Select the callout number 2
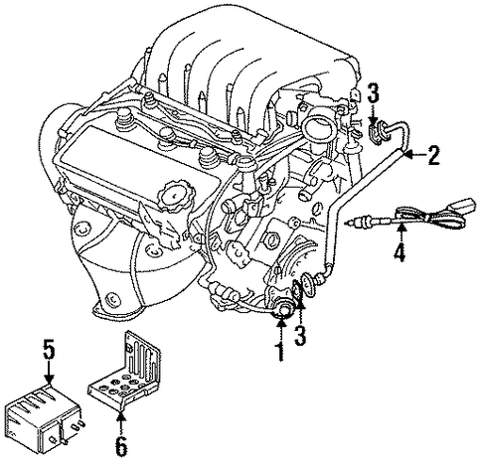(433, 155)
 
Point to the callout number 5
(49, 351)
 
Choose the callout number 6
(121, 446)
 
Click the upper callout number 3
(373, 92)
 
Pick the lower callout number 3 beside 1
(300, 334)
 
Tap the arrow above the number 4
(402, 233)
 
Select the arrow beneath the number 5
(49, 373)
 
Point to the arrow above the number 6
(122, 422)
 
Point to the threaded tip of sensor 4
(352, 224)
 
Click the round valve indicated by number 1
(283, 311)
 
